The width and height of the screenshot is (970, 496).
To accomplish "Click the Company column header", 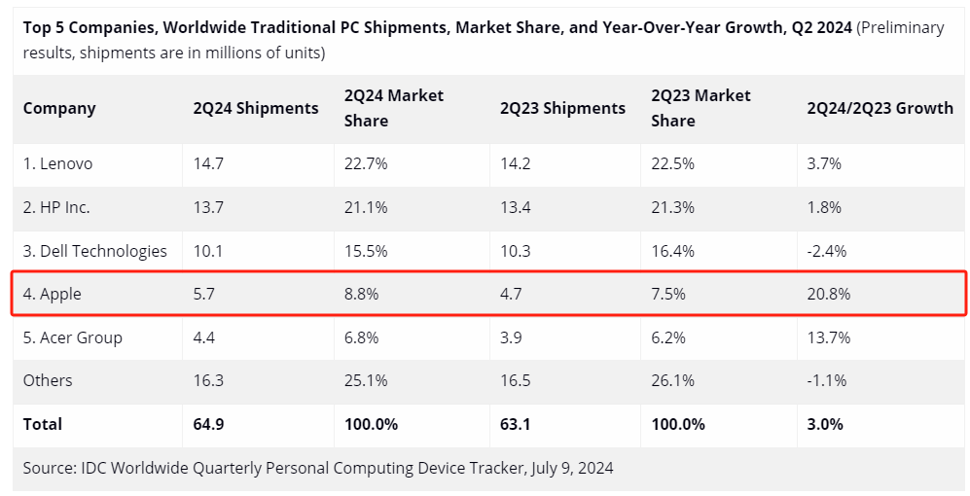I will [x=59, y=108].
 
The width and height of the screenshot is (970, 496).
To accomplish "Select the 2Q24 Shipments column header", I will [x=256, y=108].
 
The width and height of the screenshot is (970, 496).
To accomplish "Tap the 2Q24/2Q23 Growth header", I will [x=880, y=108].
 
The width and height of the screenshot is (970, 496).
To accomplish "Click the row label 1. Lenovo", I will [x=57, y=163].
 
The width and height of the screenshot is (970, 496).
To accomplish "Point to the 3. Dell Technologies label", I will [x=95, y=251].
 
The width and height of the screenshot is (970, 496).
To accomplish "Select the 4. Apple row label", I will [x=54, y=294].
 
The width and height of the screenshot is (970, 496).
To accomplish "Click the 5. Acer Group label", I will [x=73, y=337].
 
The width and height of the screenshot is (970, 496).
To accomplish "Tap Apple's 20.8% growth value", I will [x=828, y=294].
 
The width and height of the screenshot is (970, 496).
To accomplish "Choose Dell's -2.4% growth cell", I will [x=826, y=251].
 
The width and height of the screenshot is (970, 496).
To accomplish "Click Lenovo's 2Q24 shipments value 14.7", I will [x=208, y=163].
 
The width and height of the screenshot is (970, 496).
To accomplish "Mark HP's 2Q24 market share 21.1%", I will [x=366, y=207].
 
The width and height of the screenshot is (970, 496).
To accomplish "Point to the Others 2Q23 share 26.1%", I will [x=673, y=380].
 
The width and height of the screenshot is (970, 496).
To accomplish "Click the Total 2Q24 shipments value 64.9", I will [x=209, y=424].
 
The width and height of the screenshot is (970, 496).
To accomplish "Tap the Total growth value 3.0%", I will [x=825, y=424].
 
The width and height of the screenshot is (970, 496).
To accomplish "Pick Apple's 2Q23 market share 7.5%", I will [x=668, y=294].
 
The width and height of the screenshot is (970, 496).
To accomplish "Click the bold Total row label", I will [x=43, y=424].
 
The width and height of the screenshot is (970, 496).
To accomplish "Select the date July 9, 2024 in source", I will [x=572, y=468].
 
